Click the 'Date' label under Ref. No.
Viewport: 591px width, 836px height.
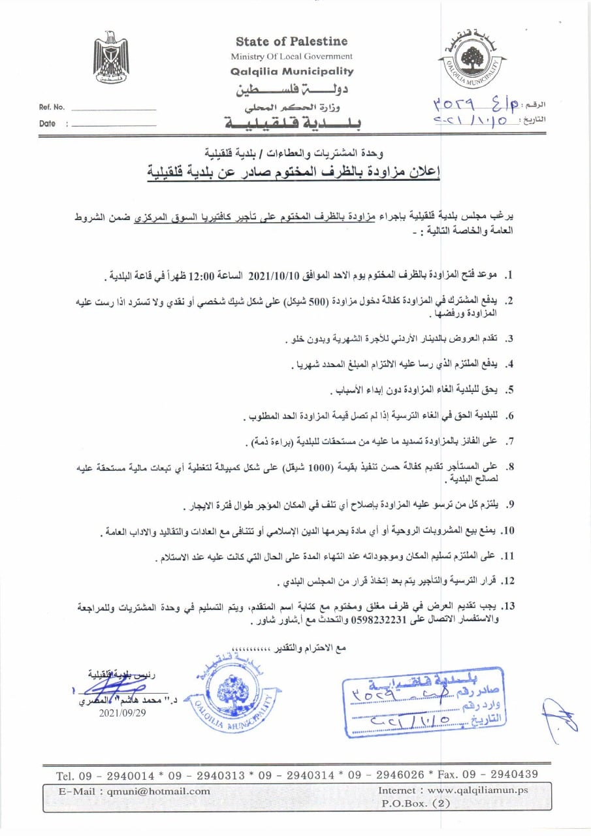(x=47, y=123)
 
